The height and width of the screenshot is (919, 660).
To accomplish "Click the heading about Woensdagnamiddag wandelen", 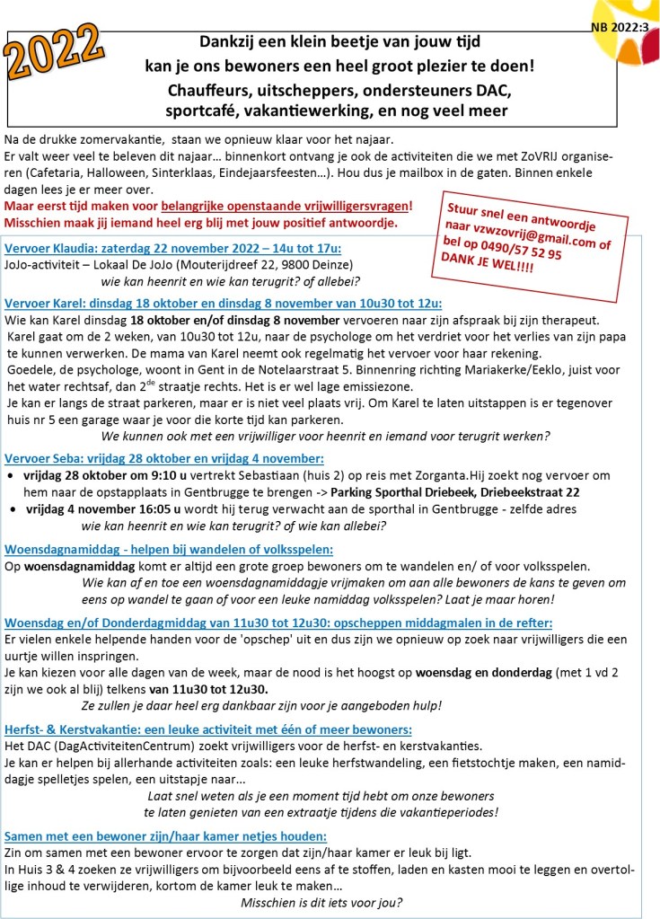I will pyautogui.click(x=169, y=549).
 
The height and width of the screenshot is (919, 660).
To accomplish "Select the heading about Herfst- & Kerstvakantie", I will pyautogui.click(x=208, y=729).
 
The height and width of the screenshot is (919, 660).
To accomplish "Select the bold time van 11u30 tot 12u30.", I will pyautogui.click(x=208, y=689).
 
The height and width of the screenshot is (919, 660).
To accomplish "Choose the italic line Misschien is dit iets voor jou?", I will pyautogui.click(x=321, y=902).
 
